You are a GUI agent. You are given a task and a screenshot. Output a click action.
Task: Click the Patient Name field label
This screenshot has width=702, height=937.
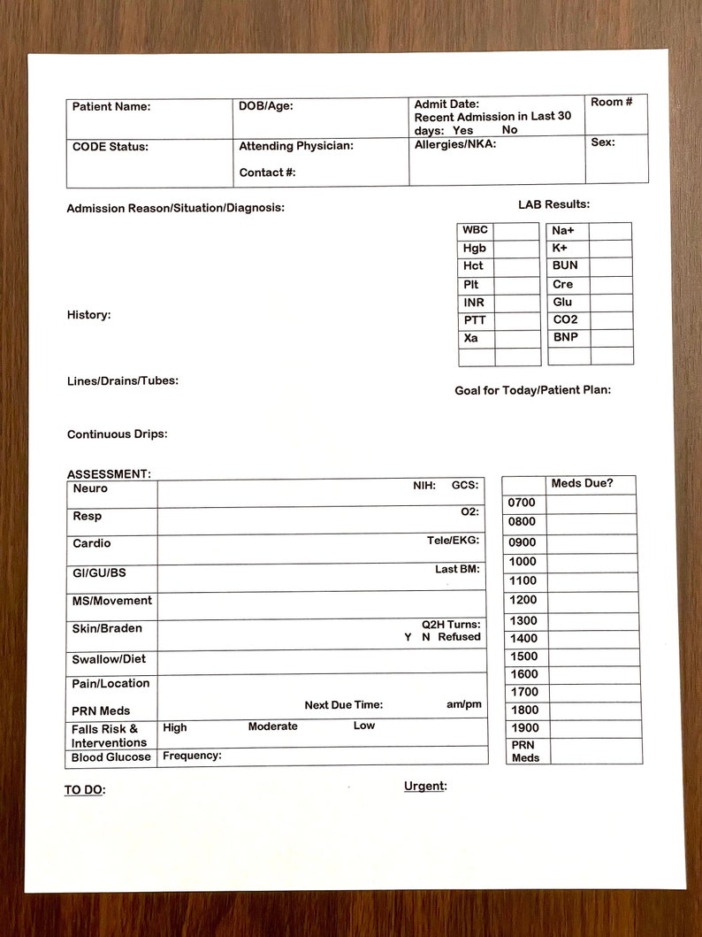pos(111,107)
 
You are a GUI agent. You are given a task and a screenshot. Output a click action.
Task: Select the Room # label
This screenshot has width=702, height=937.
pos(612,103)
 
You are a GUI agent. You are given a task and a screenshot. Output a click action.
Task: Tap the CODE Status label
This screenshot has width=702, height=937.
pos(111,147)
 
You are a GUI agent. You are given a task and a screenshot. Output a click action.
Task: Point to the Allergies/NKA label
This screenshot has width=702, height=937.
pos(455,144)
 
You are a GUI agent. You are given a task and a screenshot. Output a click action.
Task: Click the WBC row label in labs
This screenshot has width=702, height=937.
pos(475,230)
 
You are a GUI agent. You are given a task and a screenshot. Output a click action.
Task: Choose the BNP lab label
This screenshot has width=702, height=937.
pos(565,337)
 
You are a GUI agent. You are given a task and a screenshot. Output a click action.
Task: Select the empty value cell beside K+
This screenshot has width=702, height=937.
pos(610,249)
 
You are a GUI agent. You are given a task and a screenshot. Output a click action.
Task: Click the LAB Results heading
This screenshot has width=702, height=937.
pos(553,204)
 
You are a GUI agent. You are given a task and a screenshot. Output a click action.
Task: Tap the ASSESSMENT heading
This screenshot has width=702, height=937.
pos(109,474)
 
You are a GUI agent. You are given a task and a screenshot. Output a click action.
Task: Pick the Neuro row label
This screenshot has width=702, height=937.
pos(90,488)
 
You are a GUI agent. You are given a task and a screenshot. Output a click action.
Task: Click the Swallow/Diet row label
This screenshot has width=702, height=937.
pos(109,659)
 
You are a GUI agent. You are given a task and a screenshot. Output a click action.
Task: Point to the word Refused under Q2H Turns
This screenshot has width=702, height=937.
pos(459,637)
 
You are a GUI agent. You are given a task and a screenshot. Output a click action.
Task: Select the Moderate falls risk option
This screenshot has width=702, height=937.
pos(272,726)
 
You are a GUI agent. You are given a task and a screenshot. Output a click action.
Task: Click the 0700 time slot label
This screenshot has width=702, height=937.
pos(522,503)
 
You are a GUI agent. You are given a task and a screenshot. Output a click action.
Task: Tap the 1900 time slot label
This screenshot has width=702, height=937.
pos(523,728)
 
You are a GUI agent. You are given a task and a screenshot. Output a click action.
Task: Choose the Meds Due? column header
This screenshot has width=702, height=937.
pos(582,484)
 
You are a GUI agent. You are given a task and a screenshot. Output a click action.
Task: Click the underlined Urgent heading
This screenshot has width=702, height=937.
pos(425,786)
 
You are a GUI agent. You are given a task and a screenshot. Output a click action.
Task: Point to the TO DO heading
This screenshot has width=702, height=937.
pos(84,790)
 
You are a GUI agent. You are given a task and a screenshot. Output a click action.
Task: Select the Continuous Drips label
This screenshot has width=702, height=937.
pos(117,434)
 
